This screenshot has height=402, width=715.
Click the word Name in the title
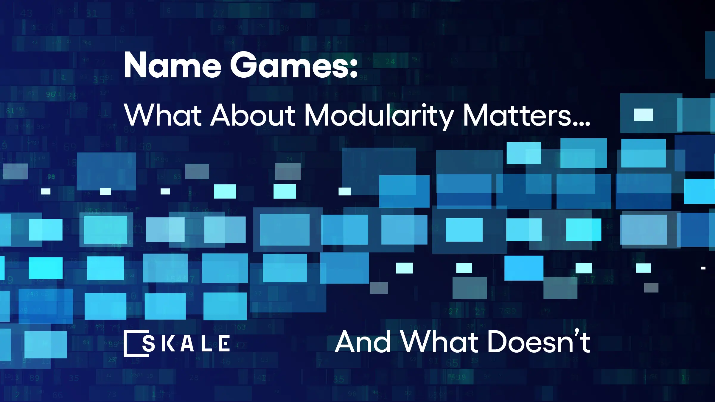pyautogui.click(x=172, y=65)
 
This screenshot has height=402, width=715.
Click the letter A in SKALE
pyautogui.click(x=188, y=344)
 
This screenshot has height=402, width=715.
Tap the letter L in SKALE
pyautogui.click(x=206, y=344)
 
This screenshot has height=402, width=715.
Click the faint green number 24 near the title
pyautogui.click(x=390, y=62)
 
